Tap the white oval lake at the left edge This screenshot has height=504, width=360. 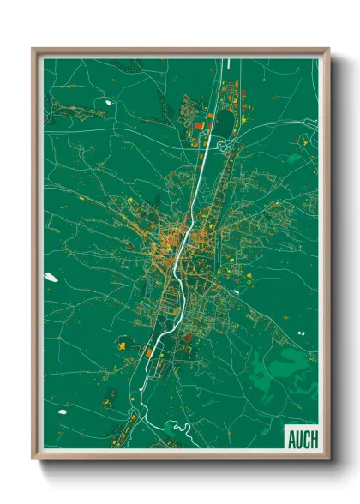(51, 277)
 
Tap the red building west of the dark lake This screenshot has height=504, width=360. (198, 127)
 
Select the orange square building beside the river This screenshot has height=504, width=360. (148, 351)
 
